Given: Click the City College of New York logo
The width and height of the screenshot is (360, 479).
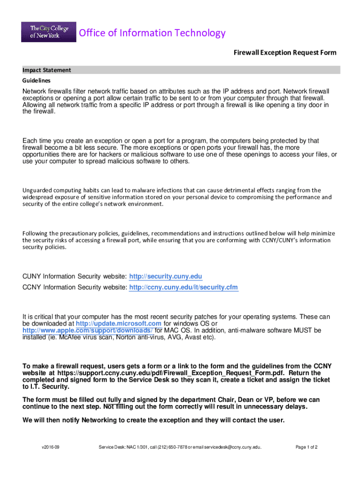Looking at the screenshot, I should (x=49, y=31).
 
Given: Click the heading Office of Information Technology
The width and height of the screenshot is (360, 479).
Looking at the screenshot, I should (x=152, y=33).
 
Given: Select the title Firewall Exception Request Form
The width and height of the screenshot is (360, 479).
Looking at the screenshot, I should (x=285, y=52).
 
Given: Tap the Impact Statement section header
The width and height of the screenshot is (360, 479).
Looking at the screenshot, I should (x=47, y=70).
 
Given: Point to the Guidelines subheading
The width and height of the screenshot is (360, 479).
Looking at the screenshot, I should (x=38, y=80).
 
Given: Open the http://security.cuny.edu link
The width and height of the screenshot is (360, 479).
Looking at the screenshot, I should (x=166, y=276).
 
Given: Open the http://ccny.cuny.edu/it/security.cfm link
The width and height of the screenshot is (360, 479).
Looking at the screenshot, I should (x=183, y=287).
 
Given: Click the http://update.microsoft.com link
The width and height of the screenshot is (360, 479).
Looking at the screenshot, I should (x=119, y=324).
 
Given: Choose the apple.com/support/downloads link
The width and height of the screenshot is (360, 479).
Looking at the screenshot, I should (x=88, y=330).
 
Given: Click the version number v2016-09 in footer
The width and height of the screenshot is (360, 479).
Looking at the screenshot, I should (x=50, y=447).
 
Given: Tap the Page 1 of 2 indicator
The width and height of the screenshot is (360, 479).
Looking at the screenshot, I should (x=306, y=447).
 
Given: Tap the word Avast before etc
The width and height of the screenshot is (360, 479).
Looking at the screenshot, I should (x=194, y=337).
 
